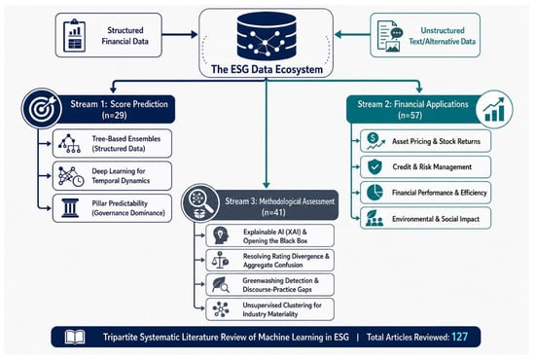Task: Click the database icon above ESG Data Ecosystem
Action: (x=267, y=37)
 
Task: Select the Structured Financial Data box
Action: (x=109, y=35)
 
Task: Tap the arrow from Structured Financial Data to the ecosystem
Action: (x=180, y=34)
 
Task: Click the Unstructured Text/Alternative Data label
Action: (x=443, y=36)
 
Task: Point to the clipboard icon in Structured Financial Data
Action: (x=74, y=35)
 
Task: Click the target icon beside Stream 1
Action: (x=42, y=108)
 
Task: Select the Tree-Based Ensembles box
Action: (x=112, y=143)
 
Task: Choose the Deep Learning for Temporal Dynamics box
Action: (x=112, y=176)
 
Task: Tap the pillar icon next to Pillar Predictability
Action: (x=70, y=208)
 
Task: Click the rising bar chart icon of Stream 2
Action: (x=494, y=110)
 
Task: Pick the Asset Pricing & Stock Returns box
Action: (x=425, y=141)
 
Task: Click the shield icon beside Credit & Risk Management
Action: (x=374, y=166)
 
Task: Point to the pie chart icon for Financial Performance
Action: (x=374, y=193)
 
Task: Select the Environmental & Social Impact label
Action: (x=436, y=219)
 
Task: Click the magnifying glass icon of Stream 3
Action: (x=200, y=203)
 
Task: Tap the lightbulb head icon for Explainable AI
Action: (x=221, y=235)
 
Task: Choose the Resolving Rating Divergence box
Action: (x=269, y=261)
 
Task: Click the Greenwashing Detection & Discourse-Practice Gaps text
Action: (x=280, y=285)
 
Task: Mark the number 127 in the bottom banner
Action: (x=459, y=337)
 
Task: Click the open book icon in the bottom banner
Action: (x=75, y=338)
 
